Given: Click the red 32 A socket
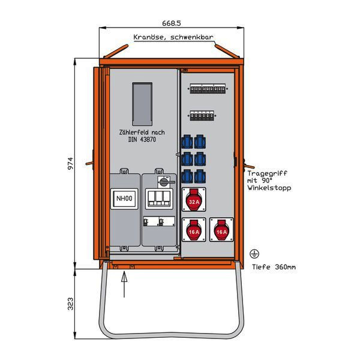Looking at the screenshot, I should click(194, 200).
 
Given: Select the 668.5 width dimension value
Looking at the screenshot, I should click(171, 23).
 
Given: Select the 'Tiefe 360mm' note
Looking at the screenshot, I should click(274, 267).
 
